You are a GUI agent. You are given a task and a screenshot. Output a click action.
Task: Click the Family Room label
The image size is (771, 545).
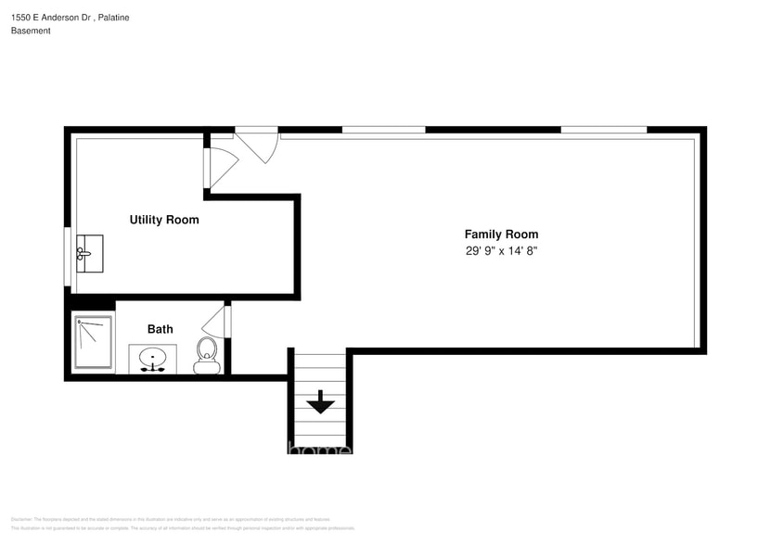(501, 234)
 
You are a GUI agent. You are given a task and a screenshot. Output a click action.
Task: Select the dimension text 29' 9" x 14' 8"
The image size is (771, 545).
(501, 251)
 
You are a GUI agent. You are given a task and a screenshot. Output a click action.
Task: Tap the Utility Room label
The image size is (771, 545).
(163, 220)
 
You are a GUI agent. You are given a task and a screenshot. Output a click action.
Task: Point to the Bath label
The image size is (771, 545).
(160, 329)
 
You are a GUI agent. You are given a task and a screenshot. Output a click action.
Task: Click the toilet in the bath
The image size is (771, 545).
(206, 354)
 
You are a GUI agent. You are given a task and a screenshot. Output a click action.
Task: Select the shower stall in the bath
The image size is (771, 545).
(93, 343)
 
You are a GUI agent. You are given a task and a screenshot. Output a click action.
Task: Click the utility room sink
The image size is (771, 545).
(89, 253)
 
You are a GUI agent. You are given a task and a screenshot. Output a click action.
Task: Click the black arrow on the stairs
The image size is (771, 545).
(321, 401)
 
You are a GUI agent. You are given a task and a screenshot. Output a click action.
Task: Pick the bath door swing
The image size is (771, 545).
(215, 321)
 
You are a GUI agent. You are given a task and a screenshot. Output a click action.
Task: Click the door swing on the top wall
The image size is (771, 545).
(257, 145)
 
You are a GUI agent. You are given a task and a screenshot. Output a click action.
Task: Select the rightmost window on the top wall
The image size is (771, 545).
(603, 130)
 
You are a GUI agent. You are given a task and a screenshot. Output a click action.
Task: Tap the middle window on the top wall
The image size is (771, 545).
(383, 130)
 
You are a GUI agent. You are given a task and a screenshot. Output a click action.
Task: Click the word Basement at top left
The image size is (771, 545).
(31, 31)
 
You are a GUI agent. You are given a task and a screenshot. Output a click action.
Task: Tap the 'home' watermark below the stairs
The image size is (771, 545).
(319, 450)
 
